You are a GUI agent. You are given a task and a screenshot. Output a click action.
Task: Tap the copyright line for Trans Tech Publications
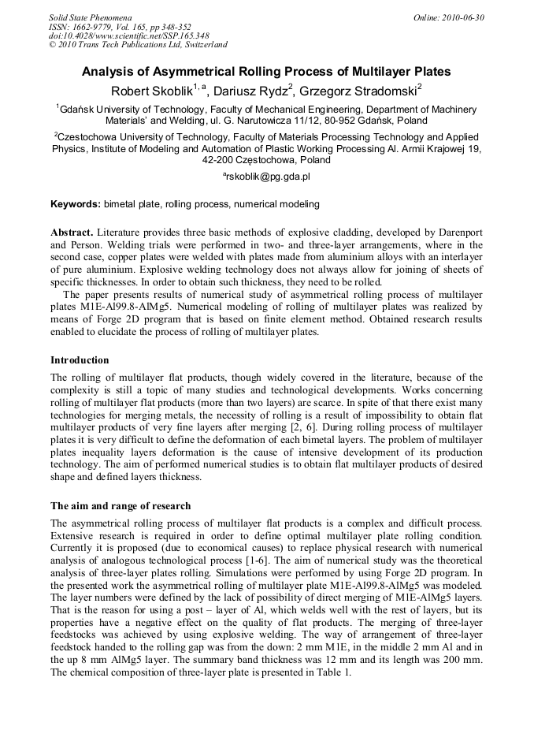[138, 45]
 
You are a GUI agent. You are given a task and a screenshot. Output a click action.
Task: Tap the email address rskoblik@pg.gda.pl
[268, 177]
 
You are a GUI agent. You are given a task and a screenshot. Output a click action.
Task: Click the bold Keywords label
[76, 204]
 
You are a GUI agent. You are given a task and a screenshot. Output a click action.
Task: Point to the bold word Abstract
[72, 233]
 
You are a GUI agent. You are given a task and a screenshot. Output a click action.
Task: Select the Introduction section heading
[80, 360]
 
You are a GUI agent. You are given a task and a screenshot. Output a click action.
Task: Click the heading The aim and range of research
[121, 505]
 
